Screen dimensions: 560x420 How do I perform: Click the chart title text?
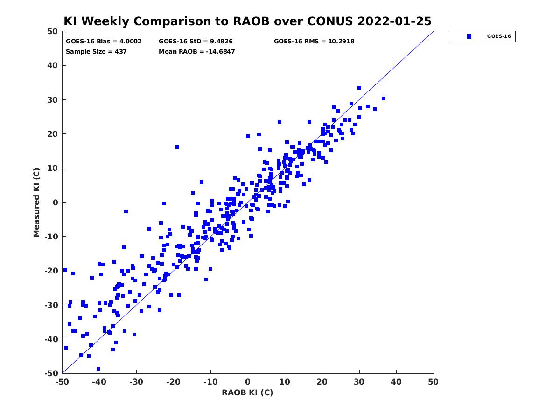click(x=247, y=21)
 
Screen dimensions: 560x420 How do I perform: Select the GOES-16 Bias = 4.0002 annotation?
click(x=104, y=42)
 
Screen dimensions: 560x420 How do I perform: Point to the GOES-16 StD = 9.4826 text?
click(x=196, y=42)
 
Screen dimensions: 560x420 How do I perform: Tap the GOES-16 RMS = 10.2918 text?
click(x=314, y=42)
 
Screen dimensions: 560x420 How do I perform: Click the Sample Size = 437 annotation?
click(x=96, y=51)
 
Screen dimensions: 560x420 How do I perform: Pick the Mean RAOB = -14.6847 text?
click(x=197, y=51)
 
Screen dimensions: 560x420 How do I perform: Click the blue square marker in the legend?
click(x=469, y=36)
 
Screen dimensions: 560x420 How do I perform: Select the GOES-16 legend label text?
click(x=499, y=36)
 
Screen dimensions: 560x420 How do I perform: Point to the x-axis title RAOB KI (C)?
click(x=247, y=392)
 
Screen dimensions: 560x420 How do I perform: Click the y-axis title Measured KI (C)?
click(x=36, y=202)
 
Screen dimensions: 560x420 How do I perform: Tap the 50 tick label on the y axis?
click(x=53, y=31)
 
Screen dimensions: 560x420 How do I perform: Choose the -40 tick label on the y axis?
click(x=51, y=339)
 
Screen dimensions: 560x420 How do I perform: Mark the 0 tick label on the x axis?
click(x=248, y=382)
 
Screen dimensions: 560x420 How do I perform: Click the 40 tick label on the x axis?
click(x=396, y=382)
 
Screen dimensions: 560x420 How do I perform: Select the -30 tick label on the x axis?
click(x=136, y=382)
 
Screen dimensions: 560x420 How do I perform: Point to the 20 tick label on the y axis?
click(x=53, y=134)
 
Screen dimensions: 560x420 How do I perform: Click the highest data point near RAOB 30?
click(x=359, y=88)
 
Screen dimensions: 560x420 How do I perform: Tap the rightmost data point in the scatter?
click(x=384, y=98)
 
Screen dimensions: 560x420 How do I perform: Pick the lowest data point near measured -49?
click(x=98, y=369)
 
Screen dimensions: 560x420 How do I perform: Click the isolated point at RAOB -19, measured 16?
click(x=177, y=147)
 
